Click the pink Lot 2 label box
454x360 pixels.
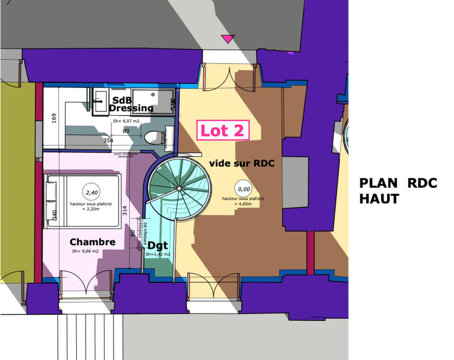(x=223, y=130)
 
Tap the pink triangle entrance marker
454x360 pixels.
(x=228, y=39)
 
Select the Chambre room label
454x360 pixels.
(x=93, y=242)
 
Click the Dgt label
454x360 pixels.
(x=158, y=245)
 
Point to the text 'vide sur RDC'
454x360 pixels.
(x=242, y=163)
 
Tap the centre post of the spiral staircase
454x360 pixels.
(x=179, y=188)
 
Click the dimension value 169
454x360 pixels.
(x=54, y=118)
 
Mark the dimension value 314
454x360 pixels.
(x=124, y=211)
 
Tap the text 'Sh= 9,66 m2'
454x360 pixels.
(x=85, y=251)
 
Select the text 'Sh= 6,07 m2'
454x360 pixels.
(x=125, y=121)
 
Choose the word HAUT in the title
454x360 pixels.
(x=380, y=199)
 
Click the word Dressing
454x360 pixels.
(x=131, y=108)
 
